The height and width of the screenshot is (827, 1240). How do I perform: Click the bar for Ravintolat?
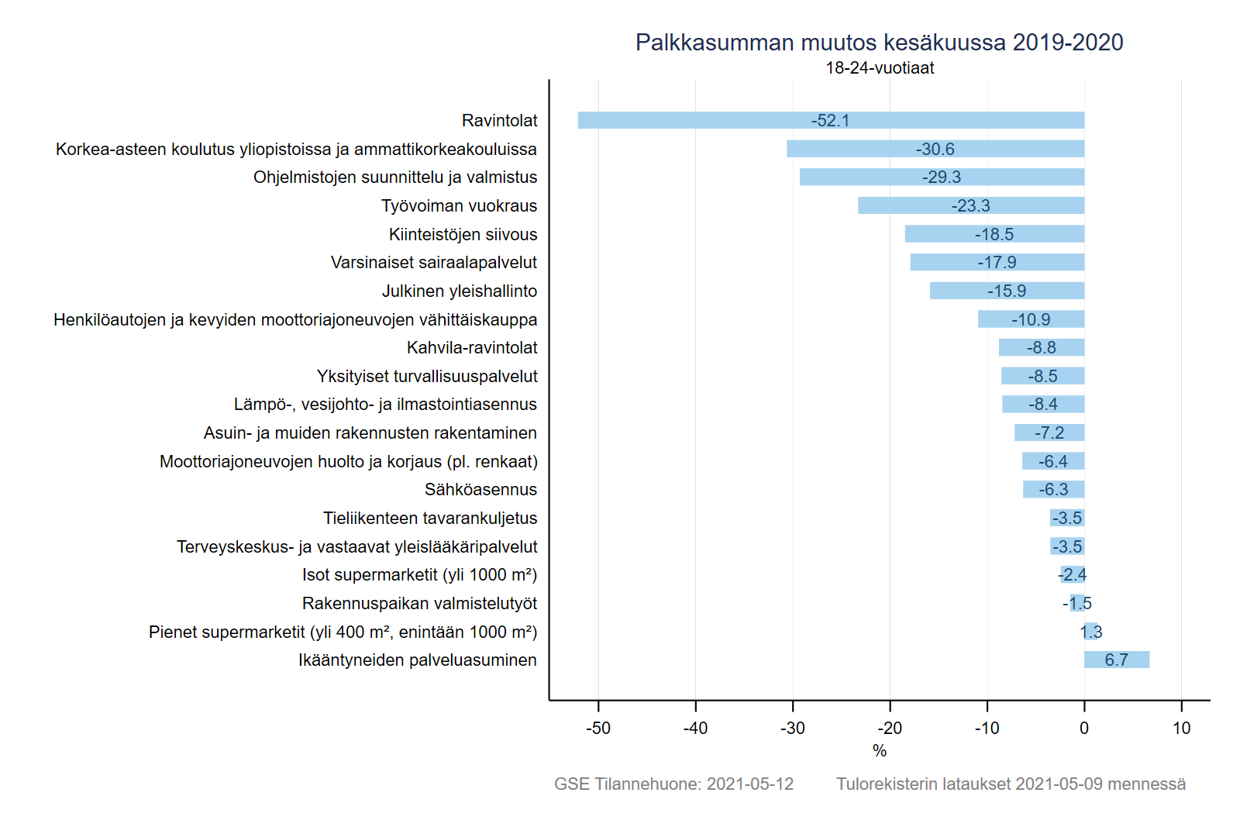point(697,120)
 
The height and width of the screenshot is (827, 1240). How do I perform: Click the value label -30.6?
point(935,149)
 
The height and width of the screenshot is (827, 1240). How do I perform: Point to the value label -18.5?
point(994,234)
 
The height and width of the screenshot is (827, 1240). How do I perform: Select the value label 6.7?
point(1116,660)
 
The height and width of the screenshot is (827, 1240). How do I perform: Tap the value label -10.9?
point(1031,319)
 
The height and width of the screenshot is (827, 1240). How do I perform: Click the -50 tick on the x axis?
point(598,728)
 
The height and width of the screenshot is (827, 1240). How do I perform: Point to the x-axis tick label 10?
point(1181,728)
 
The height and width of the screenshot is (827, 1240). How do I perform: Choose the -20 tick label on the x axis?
point(890,728)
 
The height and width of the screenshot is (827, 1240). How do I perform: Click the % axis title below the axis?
point(879,750)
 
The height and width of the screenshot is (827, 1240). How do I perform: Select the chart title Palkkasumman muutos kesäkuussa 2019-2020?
point(879,42)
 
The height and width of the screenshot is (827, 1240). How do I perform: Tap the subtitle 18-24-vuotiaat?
point(879,68)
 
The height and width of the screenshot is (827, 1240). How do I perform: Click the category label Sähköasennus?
point(480,490)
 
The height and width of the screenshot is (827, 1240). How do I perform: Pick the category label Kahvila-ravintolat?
point(471,348)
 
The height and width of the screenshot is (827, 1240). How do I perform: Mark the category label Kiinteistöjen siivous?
point(463,234)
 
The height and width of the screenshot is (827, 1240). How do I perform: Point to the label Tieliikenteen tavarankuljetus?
point(430,518)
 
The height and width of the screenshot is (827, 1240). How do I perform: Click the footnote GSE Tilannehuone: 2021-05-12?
point(673,784)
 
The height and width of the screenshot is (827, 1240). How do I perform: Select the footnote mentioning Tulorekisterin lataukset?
point(1011,784)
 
